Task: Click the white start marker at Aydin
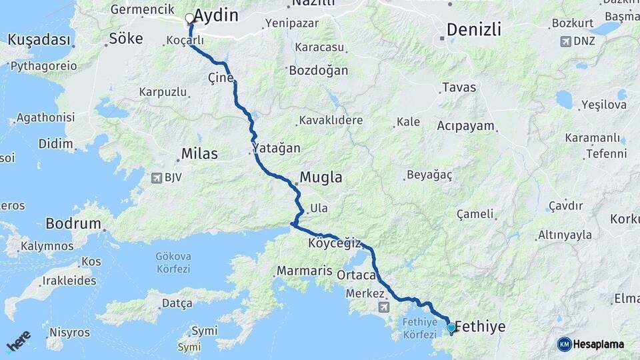click(190, 18)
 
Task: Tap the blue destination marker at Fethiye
click(451, 327)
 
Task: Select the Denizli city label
click(474, 29)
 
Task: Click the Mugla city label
click(321, 177)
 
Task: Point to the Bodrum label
click(73, 223)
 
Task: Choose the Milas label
click(199, 154)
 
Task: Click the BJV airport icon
click(157, 177)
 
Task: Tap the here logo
click(18, 341)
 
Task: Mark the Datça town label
click(177, 303)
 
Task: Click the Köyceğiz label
click(334, 243)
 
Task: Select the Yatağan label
click(277, 148)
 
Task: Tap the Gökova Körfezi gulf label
click(173, 262)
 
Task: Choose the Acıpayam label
click(465, 126)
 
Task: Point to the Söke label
click(125, 39)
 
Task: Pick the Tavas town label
click(459, 87)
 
